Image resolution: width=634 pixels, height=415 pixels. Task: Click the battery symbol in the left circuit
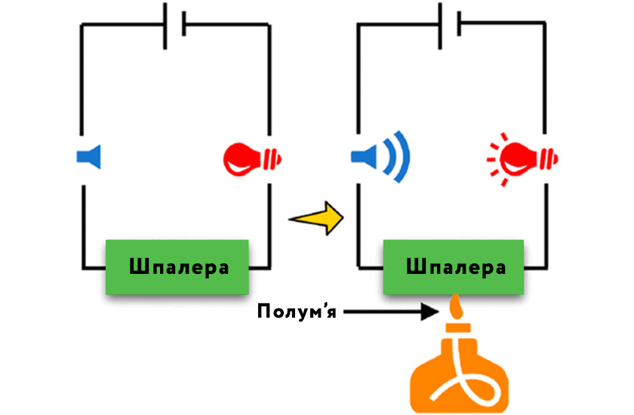174,25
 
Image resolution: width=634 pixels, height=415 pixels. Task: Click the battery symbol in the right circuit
449,25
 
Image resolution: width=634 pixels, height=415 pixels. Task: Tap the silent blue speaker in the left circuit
90,157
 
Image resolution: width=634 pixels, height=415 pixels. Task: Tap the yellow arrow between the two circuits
317,218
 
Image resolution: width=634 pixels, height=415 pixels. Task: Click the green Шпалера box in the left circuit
177,267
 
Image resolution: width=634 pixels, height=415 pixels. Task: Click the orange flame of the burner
454,309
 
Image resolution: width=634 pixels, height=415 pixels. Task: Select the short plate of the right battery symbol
459,23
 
